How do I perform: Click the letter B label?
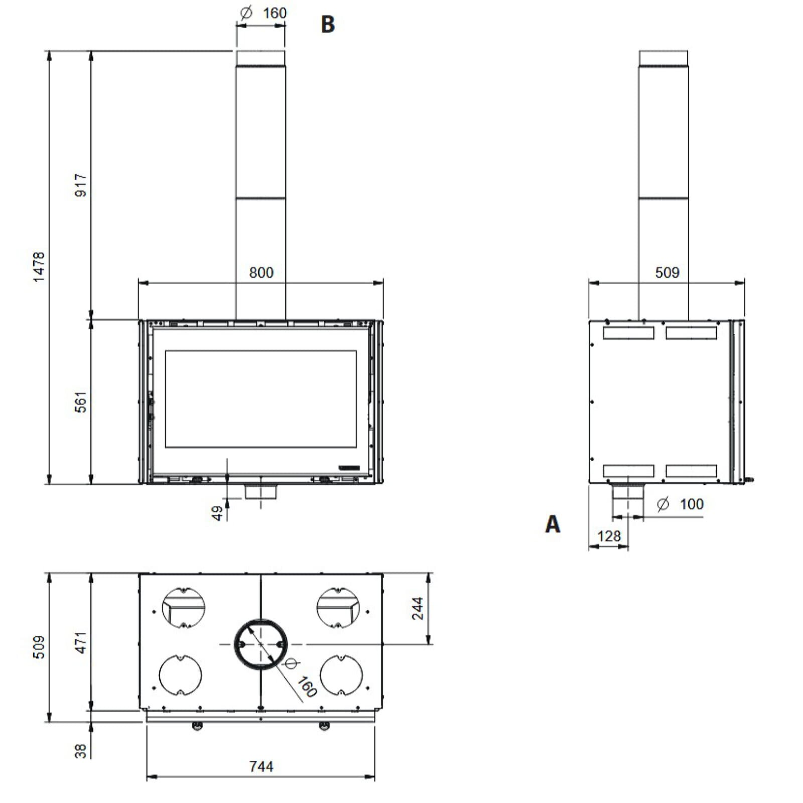(327, 24)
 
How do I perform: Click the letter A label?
(552, 524)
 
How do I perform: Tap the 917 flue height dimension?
(80, 185)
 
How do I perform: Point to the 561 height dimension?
(80, 402)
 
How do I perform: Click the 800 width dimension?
(261, 273)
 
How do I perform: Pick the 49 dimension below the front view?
(217, 513)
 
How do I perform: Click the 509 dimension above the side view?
(667, 273)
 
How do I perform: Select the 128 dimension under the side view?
(609, 536)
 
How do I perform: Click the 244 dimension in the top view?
(418, 608)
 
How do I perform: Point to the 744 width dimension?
(261, 766)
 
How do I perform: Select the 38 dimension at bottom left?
(80, 751)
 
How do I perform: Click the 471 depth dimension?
(80, 642)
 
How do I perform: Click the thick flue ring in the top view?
(236, 644)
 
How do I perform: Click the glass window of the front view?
(260, 399)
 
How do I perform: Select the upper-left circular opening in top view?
(183, 607)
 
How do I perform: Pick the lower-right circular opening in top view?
(341, 675)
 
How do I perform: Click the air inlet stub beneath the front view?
(260, 491)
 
